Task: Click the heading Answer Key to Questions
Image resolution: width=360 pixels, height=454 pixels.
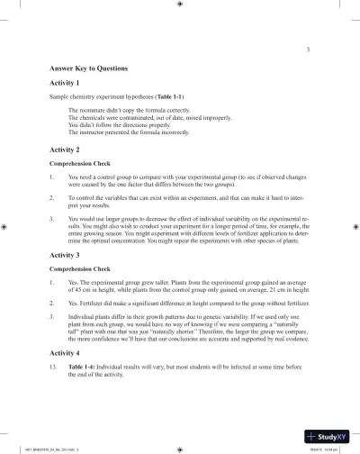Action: [89, 68]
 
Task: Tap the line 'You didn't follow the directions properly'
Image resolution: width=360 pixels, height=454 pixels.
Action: [123, 124]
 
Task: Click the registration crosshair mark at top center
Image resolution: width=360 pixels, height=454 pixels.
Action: [180, 5]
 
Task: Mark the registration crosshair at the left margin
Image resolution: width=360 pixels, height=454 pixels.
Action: [6, 228]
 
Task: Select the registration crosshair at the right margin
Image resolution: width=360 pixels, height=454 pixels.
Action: [354, 228]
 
